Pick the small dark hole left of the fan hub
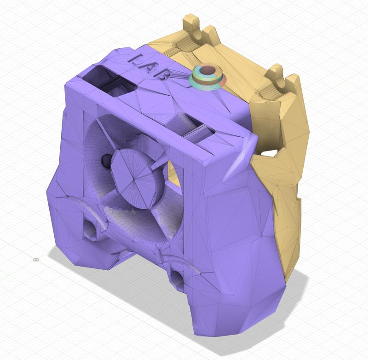tap(105, 161)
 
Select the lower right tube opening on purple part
tap(176, 275)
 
